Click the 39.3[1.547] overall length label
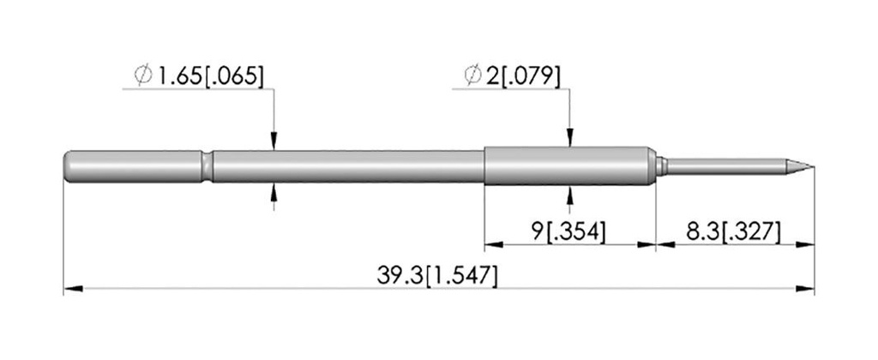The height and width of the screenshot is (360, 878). [436, 276]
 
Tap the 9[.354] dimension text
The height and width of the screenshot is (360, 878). [568, 231]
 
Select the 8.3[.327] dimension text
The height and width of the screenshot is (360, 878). [732, 231]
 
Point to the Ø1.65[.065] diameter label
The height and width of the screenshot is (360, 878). [198, 75]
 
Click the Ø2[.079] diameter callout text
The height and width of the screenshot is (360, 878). [512, 75]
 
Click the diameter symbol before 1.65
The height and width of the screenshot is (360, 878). [143, 75]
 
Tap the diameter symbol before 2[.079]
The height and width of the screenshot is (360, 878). [473, 75]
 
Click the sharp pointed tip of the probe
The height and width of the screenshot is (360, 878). [813, 166]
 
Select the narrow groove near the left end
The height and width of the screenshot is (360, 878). [207, 166]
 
